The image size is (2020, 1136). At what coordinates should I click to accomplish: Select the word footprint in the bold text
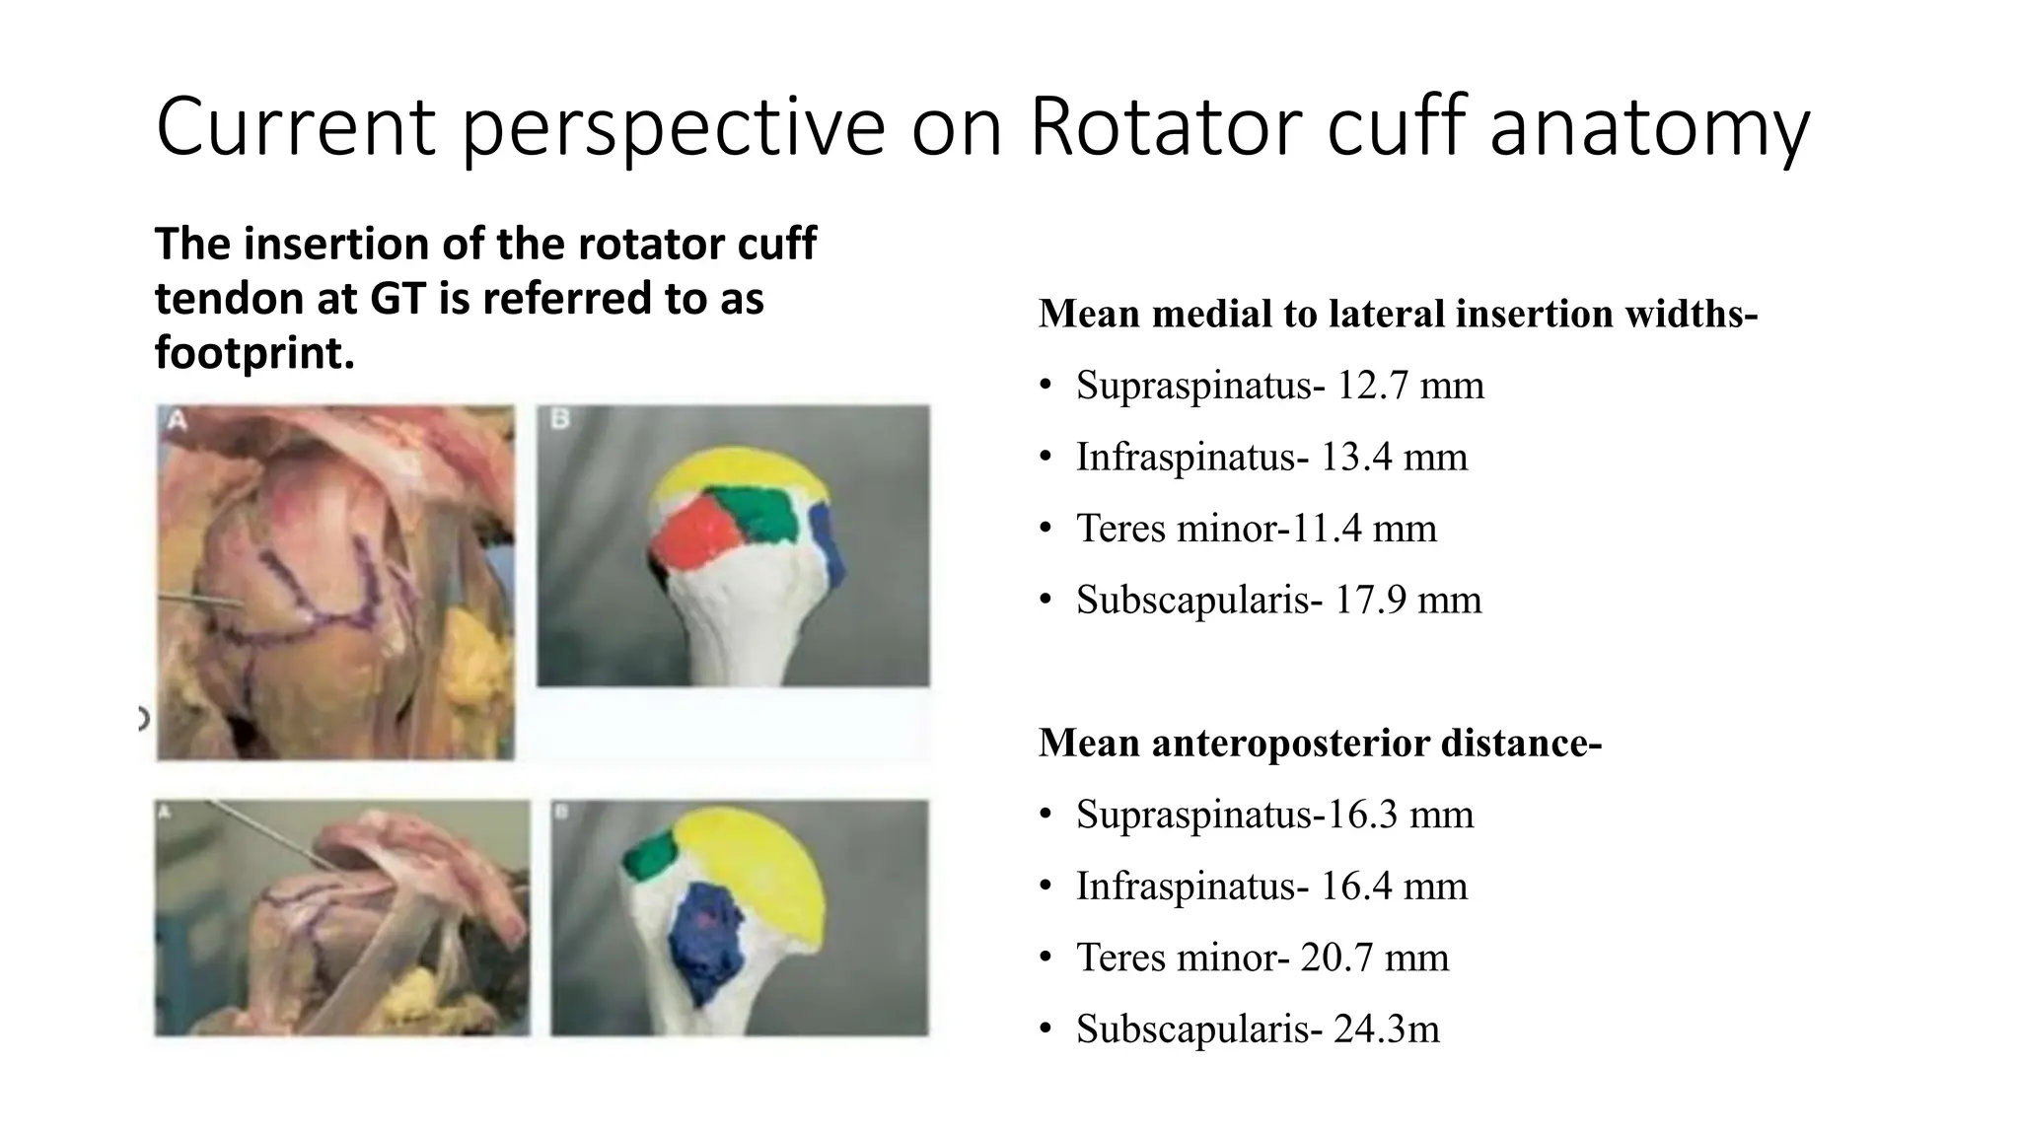tap(252, 353)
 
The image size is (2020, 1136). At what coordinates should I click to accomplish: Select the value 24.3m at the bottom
tap(1386, 1029)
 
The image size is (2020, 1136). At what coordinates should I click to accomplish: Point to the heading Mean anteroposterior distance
tap(1320, 743)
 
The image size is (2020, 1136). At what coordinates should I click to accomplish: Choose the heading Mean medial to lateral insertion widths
tap(1398, 314)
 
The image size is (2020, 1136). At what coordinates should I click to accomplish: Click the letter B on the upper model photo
tap(559, 420)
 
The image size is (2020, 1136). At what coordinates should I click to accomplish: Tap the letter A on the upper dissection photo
tap(178, 421)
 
